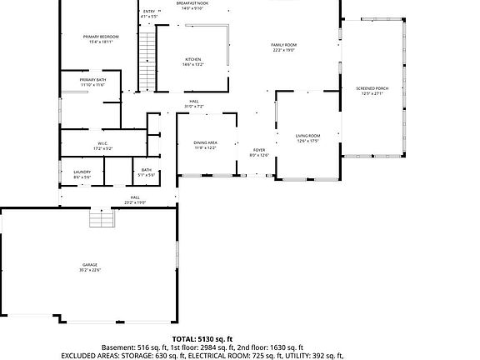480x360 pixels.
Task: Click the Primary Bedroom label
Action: (97, 37)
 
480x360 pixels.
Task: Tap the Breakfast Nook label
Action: (192, 3)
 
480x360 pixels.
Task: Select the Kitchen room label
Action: (192, 59)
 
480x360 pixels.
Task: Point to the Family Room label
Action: (283, 45)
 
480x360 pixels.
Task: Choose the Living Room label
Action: (307, 135)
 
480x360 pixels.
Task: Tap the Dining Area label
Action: (206, 142)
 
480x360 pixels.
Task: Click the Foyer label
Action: (259, 150)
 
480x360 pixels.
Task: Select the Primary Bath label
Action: (92, 79)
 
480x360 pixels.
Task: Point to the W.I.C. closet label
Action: (102, 142)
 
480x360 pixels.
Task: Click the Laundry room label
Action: (82, 172)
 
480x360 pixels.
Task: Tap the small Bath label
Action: (146, 170)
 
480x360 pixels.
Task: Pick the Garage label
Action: (89, 264)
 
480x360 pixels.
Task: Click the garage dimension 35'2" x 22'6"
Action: (89, 270)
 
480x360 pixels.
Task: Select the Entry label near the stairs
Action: (148, 11)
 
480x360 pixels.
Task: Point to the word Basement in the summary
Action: (119, 347)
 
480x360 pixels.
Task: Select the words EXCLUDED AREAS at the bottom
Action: (92, 356)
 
